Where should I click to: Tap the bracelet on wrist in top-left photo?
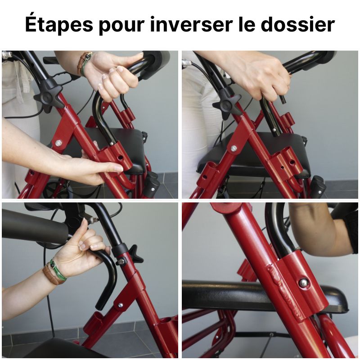point(84,63)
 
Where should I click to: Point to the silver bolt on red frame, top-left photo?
point(58,143)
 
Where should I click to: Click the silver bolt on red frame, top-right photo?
point(234,148)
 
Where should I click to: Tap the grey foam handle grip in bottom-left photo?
point(31,225)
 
